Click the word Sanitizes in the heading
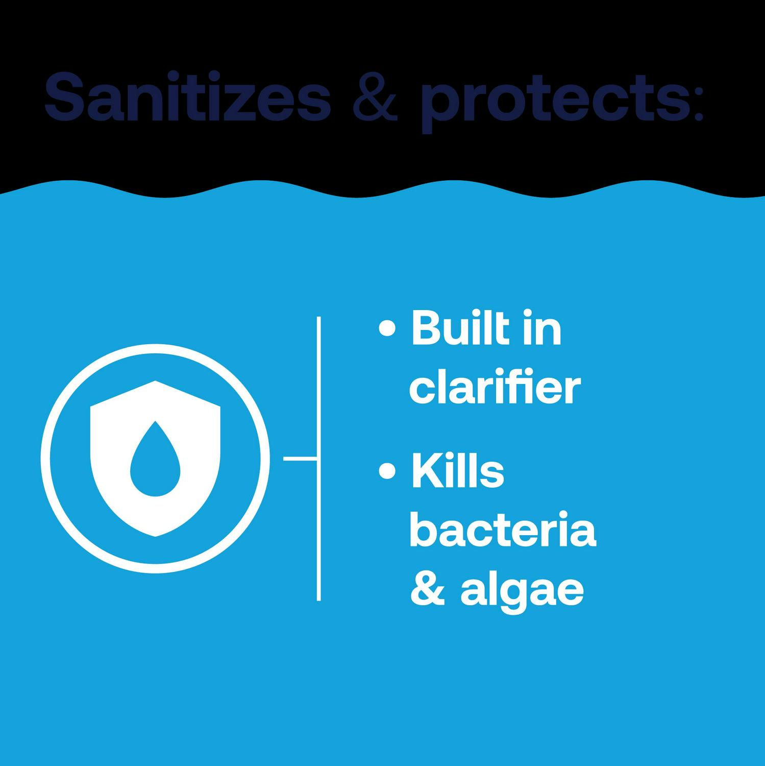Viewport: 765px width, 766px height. pos(188,97)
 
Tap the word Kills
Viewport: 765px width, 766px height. pos(457,471)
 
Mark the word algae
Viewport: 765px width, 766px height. pos(522,592)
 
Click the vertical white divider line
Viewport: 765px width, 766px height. pos(318,459)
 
